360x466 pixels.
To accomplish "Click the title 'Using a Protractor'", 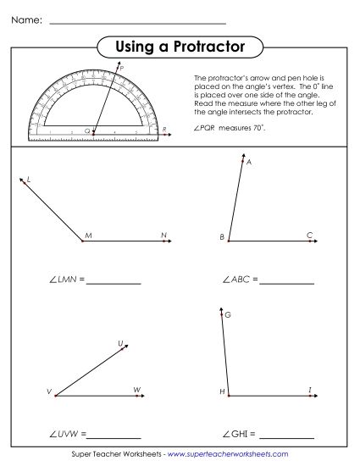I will click(179, 45).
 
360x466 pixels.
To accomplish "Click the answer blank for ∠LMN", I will click(114, 283).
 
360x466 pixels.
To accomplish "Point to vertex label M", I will click(87, 233).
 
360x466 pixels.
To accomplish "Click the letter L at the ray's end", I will click(29, 180).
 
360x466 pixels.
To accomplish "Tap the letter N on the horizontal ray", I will click(163, 232).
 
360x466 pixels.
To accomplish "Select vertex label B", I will click(222, 237).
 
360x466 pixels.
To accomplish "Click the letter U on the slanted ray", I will click(120, 343).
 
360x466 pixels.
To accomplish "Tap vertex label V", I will click(49, 392).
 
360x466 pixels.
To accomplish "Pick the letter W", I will click(136, 390).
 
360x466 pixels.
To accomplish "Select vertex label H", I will click(222, 392).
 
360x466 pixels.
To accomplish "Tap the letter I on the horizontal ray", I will click(310, 389).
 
